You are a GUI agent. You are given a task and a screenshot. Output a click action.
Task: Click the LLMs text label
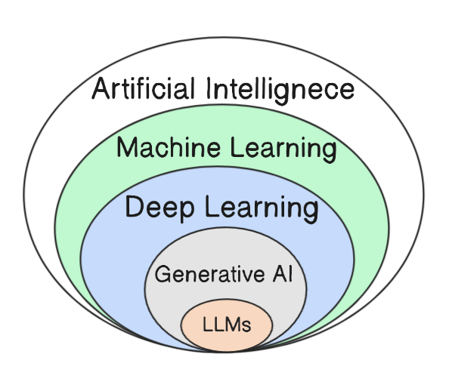tap(226, 326)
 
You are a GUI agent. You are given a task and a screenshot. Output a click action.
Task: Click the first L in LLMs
tap(208, 326)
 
